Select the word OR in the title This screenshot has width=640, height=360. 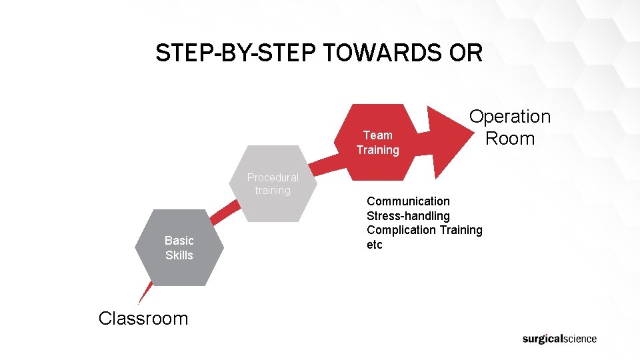point(466,53)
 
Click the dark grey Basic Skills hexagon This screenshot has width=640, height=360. point(179,263)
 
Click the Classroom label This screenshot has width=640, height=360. point(143,318)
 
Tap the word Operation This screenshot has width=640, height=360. point(510,117)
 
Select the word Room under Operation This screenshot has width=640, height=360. point(510,139)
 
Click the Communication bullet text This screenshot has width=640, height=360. point(408,201)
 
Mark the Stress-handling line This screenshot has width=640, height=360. point(408,215)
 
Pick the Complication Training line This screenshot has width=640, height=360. point(425,230)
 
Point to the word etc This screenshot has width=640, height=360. point(375,245)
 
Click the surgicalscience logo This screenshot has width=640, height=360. point(559,339)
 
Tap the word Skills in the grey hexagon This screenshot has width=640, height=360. point(179,255)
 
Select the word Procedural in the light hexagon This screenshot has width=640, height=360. point(273,177)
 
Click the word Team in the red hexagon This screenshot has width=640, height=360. point(377,135)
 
